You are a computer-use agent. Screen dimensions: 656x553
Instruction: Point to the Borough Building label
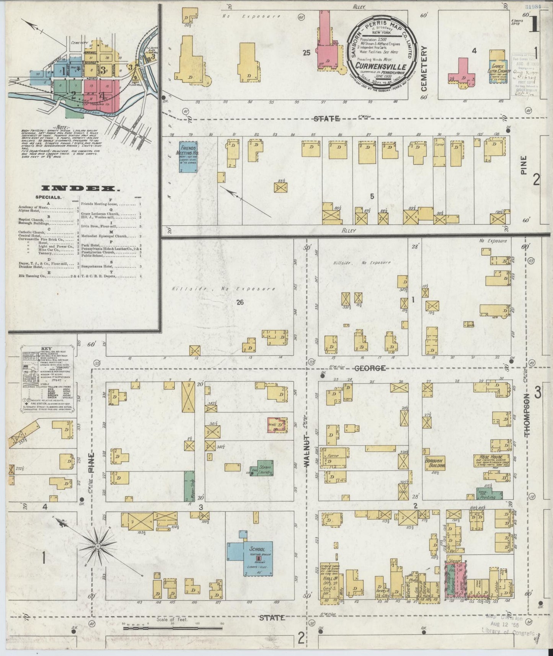[435, 463]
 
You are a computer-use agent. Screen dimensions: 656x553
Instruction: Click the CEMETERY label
[424, 69]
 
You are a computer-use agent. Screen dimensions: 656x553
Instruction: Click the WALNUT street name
[306, 450]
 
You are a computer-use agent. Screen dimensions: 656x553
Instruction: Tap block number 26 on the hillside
[240, 302]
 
